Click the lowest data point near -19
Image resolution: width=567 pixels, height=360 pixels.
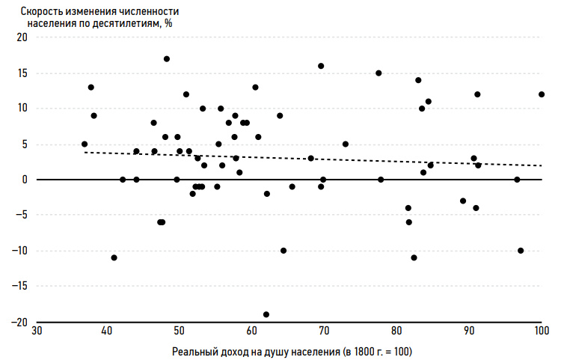coord(266,314)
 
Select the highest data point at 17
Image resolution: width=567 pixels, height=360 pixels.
coord(167,58)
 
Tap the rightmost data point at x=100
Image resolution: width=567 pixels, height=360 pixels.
coord(542,94)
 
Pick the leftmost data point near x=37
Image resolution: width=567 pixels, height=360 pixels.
coord(85,144)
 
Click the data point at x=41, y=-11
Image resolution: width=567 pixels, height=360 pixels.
coord(114,257)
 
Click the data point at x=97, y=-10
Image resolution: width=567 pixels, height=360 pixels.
coord(521,251)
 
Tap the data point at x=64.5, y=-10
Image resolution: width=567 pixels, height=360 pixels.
coord(283,251)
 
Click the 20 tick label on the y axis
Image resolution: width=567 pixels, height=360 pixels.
coord(21,37)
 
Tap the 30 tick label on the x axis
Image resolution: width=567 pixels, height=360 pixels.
coord(35,331)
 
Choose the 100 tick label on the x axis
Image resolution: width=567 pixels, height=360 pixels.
coord(541,331)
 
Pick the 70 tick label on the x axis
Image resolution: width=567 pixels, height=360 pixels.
coord(324,331)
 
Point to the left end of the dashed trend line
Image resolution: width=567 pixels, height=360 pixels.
coord(85,152)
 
